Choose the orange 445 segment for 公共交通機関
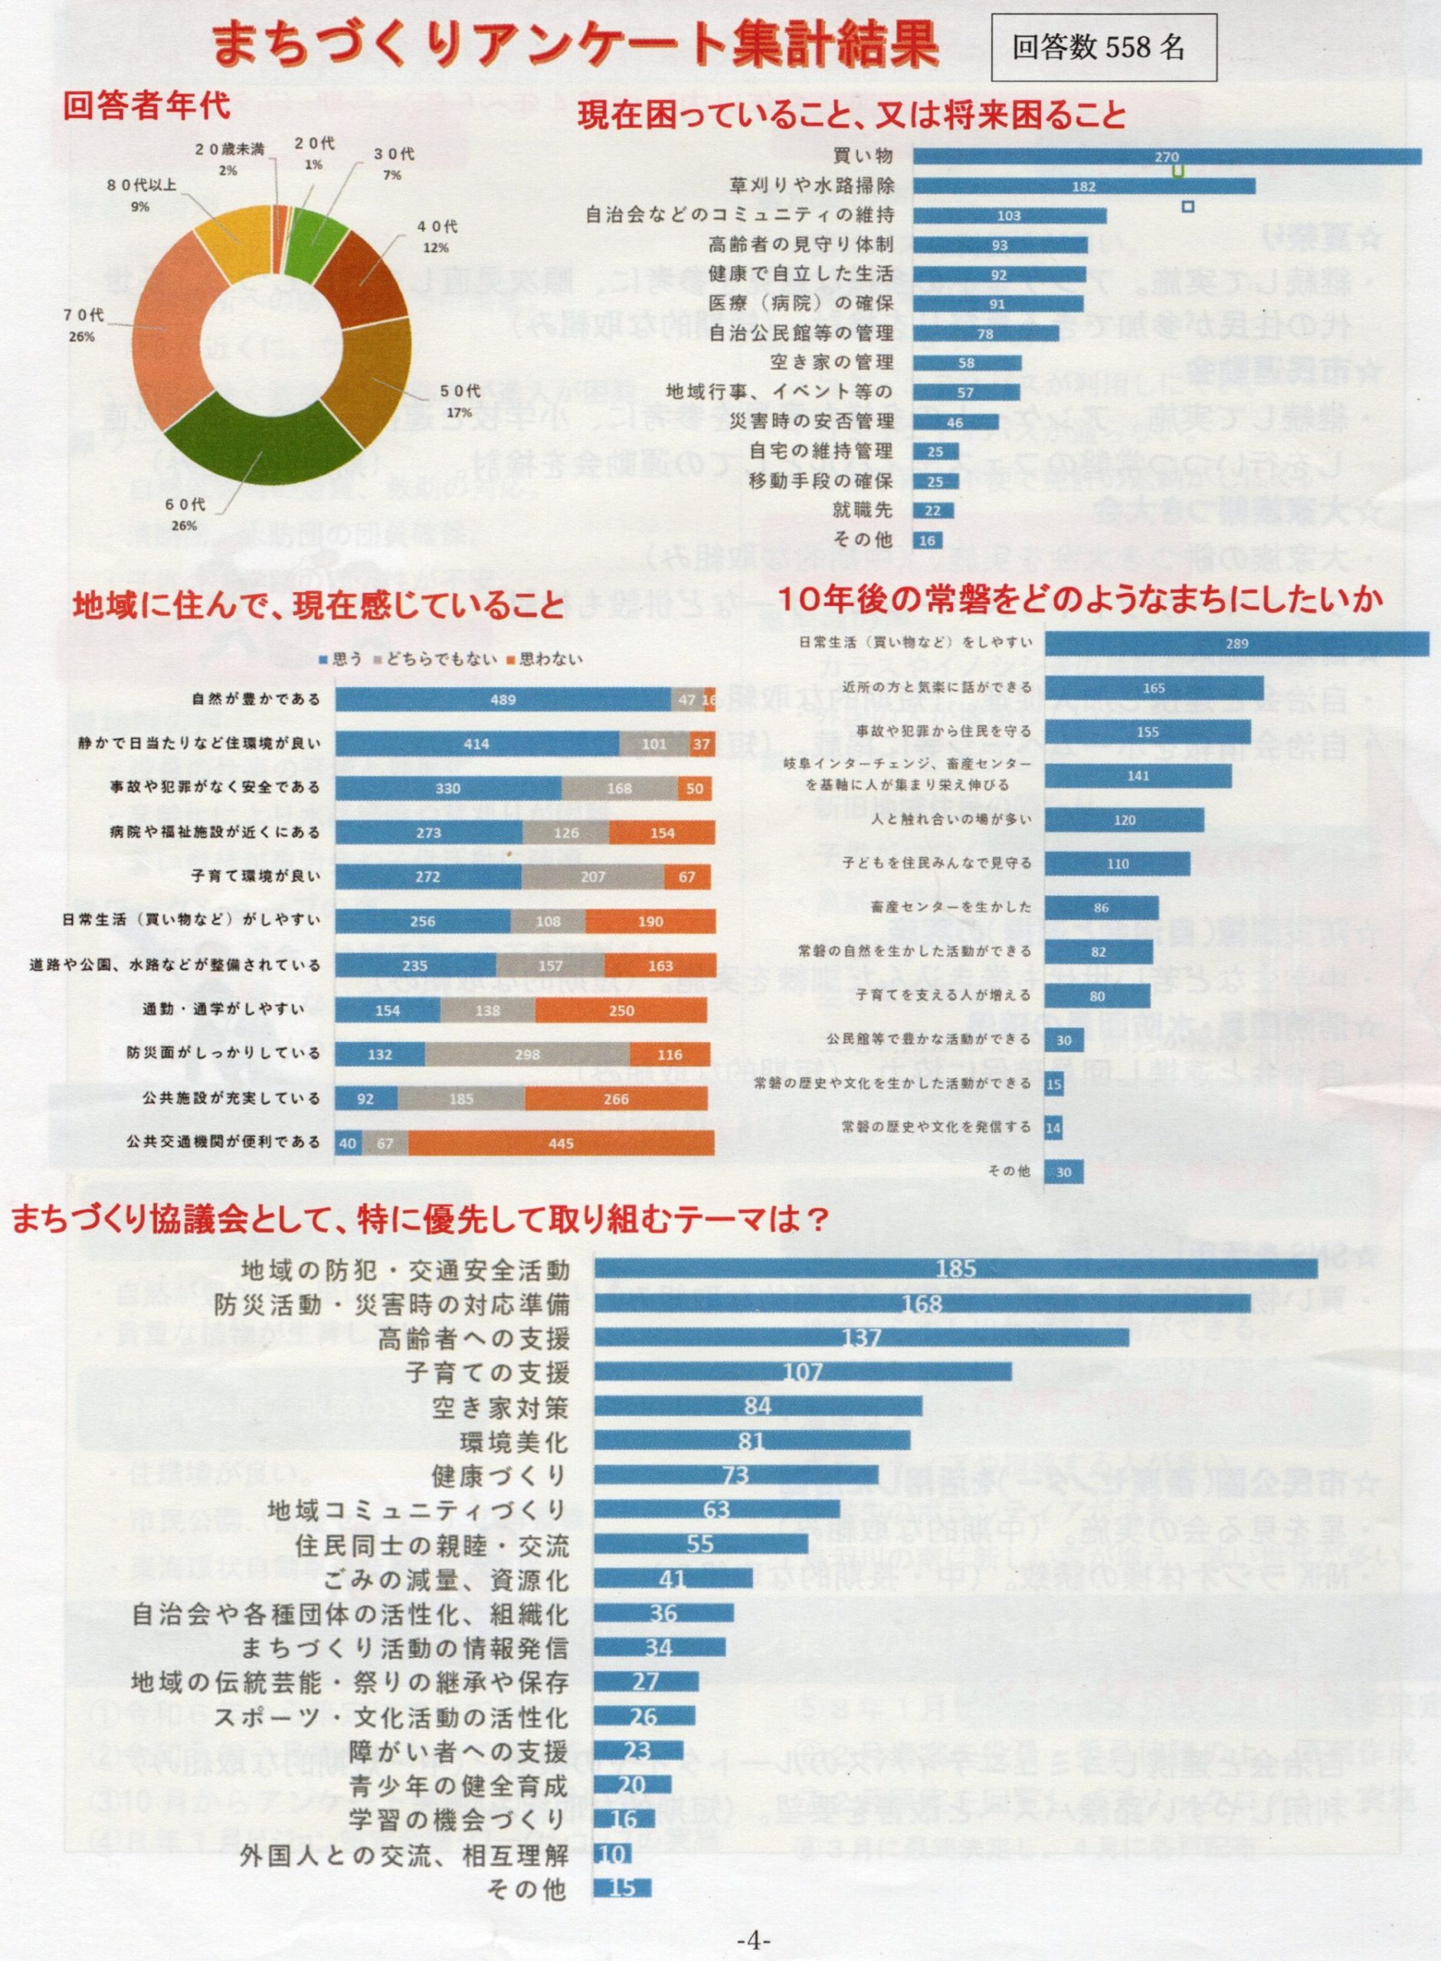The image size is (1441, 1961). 561,1142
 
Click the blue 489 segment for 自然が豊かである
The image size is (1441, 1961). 503,699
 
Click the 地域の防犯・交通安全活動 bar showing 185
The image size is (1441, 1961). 955,1269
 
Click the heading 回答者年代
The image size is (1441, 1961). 147,106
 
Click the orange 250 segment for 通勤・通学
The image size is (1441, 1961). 622,1010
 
